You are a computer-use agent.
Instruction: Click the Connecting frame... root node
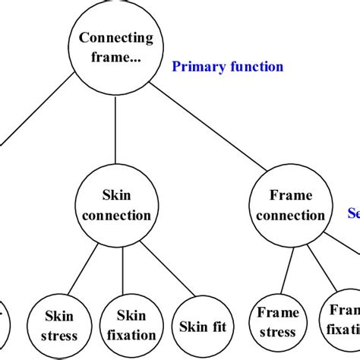tap(116, 46)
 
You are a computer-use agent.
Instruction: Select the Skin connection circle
tap(116, 206)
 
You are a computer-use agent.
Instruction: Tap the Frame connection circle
tap(290, 206)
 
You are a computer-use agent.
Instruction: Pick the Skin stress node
tap(59, 324)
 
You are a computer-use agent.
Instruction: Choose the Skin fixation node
tap(131, 324)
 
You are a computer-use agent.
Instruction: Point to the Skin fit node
tap(203, 327)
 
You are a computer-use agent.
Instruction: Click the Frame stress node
tap(277, 322)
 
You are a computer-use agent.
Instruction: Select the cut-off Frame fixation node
tap(343, 321)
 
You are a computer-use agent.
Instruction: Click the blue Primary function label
tap(227, 67)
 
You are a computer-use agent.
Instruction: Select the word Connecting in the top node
tap(116, 38)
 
